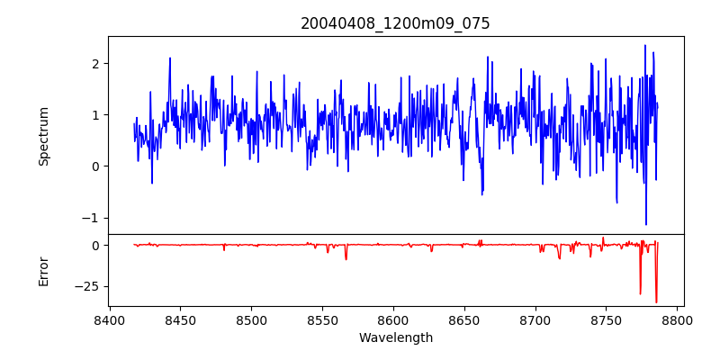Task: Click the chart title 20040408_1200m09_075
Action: point(395,23)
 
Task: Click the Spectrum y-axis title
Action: point(43,136)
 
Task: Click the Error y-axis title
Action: point(43,271)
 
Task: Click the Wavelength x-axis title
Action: point(395,338)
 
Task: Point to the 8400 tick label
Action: point(110,319)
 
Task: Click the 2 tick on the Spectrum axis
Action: point(94,63)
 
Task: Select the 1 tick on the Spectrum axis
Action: point(94,115)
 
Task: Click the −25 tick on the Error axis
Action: point(87,286)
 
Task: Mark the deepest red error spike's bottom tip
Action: point(656,302)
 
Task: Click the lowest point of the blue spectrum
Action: point(645,224)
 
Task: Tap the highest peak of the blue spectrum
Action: point(645,45)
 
